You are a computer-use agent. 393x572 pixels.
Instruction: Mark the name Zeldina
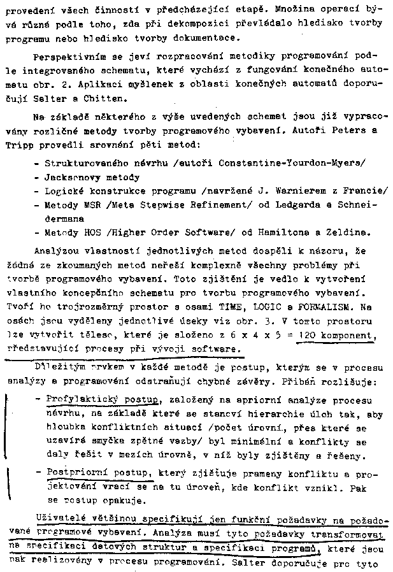click(348, 233)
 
